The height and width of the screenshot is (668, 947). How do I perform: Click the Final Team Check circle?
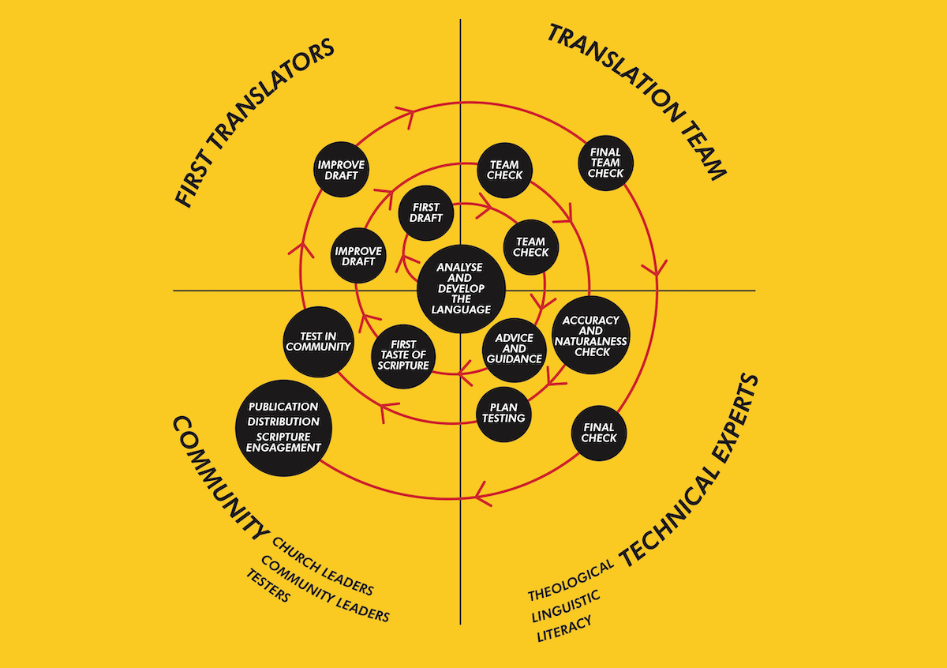pos(605,163)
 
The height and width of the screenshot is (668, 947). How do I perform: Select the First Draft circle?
pos(425,212)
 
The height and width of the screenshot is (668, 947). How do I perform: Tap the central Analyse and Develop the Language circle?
pos(461,288)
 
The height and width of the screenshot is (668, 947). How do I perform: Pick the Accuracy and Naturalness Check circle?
pos(590,335)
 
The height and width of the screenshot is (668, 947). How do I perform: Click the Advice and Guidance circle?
pos(514,350)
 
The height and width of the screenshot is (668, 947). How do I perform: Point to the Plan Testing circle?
pos(503,414)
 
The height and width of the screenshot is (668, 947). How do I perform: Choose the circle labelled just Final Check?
pos(599,433)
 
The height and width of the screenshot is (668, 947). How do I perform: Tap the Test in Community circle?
pos(318,342)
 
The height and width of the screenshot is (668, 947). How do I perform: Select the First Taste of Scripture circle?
pos(403,356)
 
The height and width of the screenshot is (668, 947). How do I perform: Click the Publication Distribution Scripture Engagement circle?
pos(283,428)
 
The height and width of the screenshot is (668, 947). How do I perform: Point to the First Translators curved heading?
pos(254,123)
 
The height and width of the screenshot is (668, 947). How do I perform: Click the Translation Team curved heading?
pos(637,102)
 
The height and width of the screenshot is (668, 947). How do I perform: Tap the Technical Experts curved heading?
pos(689,471)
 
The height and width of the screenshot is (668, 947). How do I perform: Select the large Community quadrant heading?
pos(220,478)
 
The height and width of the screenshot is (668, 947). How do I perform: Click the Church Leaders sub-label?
pos(323,566)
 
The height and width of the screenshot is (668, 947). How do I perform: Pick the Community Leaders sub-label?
pos(325,588)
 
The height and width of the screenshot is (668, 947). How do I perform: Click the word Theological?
pos(571,580)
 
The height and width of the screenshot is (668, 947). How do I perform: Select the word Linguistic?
pos(566,606)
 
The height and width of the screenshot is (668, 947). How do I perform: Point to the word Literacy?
pos(564,629)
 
